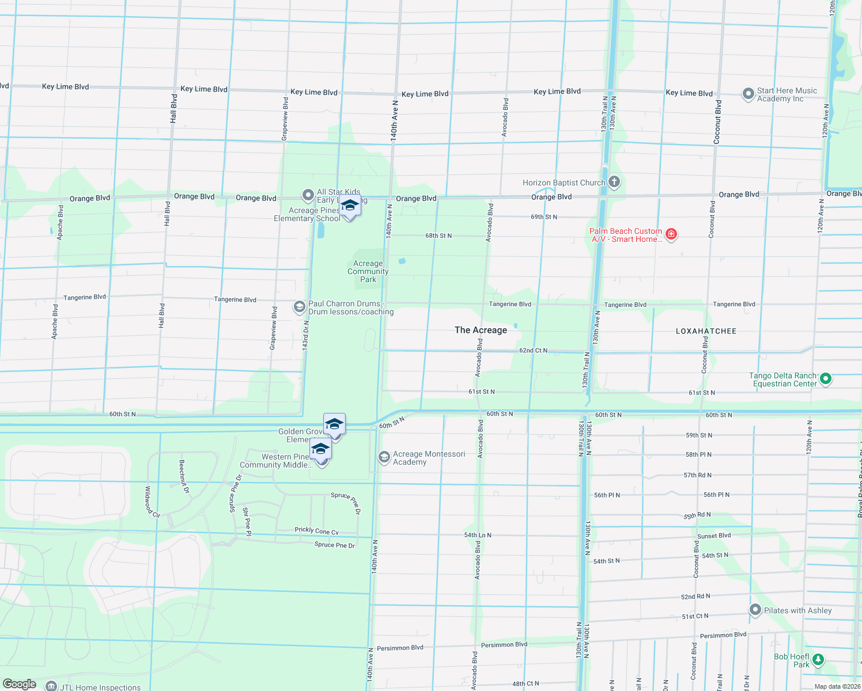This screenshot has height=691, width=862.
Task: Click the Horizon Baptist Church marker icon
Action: (x=614, y=183)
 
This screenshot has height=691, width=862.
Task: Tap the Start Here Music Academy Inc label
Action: (x=787, y=94)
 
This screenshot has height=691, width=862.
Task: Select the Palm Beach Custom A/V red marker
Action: (x=671, y=234)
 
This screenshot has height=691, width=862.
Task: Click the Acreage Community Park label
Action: (x=368, y=271)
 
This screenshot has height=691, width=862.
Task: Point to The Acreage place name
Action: (x=481, y=330)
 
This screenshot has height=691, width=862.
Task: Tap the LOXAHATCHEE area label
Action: (x=706, y=331)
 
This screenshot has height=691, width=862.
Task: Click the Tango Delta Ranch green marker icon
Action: (x=825, y=379)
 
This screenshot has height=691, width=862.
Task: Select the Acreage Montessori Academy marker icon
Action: (x=384, y=457)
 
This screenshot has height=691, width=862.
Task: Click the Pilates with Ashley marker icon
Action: (x=755, y=610)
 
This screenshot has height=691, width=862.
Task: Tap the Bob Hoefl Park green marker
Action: (x=818, y=660)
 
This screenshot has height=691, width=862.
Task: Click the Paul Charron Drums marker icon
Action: (x=299, y=307)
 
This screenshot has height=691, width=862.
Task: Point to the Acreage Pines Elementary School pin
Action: (x=350, y=206)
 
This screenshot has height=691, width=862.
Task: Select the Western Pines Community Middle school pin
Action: (x=320, y=450)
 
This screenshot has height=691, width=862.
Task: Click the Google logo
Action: (x=20, y=684)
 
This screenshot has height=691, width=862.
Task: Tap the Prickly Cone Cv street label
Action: (x=316, y=530)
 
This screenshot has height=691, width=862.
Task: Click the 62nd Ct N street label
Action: (x=533, y=350)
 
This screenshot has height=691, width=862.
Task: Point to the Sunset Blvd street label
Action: (x=714, y=536)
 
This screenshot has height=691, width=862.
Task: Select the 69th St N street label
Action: (x=544, y=217)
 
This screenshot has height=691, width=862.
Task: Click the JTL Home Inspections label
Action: (x=100, y=687)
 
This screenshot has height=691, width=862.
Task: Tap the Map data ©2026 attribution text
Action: (x=837, y=686)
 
